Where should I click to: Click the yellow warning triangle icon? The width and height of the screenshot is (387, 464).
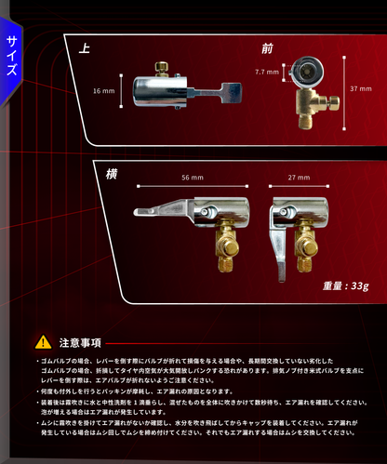(46, 341)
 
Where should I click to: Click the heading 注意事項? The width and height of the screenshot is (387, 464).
(79, 341)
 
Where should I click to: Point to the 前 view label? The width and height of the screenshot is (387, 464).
(268, 48)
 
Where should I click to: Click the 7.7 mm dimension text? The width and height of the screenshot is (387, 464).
(266, 71)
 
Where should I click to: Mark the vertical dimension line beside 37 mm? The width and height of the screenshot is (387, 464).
(343, 87)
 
